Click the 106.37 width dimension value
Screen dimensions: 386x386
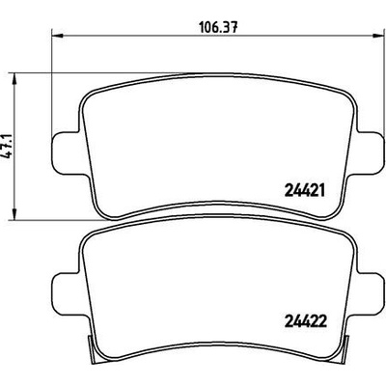[x=218, y=28]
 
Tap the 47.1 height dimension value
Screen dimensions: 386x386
[x=8, y=146]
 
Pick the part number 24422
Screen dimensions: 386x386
[x=306, y=320]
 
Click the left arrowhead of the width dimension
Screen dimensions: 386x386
[x=58, y=35]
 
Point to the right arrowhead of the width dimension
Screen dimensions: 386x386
[x=378, y=35]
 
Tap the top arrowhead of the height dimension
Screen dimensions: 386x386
[x=14, y=79]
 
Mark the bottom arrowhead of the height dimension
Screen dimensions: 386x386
[x=14, y=214]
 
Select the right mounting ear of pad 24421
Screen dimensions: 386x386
[x=370, y=153]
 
